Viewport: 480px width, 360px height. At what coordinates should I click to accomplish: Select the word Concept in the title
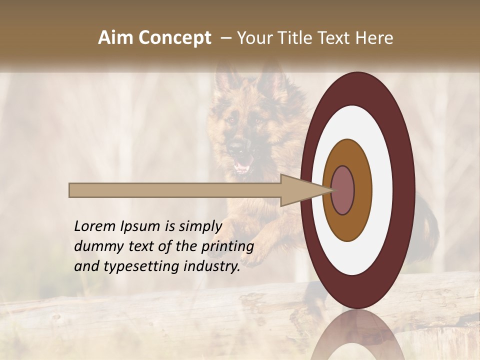click(174, 38)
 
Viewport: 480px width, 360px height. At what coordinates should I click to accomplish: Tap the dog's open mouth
click(243, 166)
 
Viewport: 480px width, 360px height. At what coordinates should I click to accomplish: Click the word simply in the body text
click(200, 227)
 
